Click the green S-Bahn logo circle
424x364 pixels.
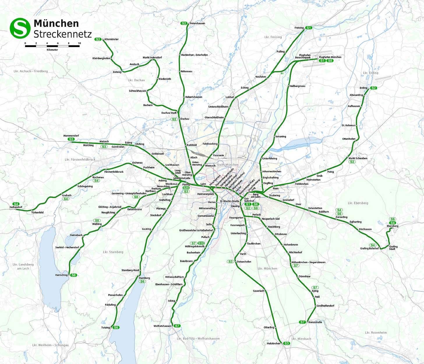pos(20,28)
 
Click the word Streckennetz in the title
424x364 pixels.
pos(63,34)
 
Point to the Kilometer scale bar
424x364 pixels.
pos(52,46)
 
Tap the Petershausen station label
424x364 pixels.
pos(197,23)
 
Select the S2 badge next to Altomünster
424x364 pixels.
pos(98,39)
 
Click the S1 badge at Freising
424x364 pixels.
pos(309,28)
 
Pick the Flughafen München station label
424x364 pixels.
pos(330,57)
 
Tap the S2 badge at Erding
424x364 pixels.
pos(374,88)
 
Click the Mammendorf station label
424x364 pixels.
pos(71,136)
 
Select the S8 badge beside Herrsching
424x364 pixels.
pos(74,275)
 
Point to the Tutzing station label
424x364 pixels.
pos(105,328)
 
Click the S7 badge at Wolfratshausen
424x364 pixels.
pos(177,326)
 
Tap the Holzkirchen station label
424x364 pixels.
pos(273,344)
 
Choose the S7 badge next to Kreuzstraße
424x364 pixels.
pos(303,322)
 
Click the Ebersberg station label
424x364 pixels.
pos(393,226)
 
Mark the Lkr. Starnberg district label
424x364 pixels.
pos(113,252)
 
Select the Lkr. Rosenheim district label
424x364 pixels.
pos(376,332)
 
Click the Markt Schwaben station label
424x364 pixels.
pos(358,158)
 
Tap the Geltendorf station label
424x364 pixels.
pos(16,207)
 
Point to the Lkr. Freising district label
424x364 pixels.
pos(273,37)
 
